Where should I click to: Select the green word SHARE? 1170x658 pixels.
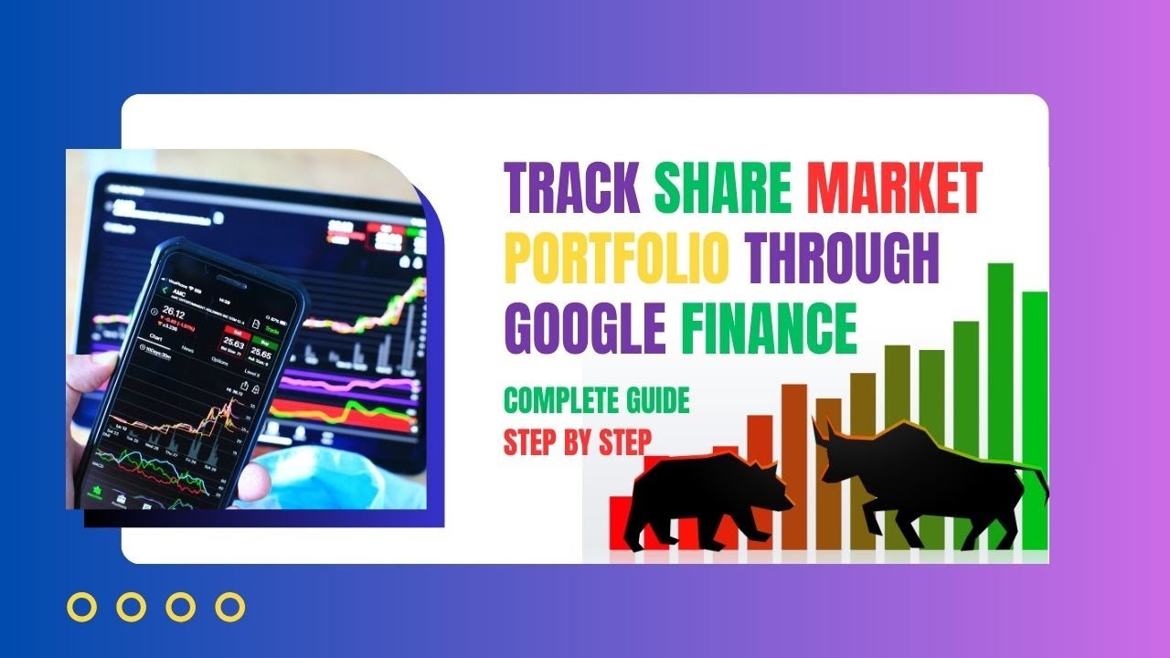(722, 187)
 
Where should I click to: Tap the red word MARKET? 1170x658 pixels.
(894, 187)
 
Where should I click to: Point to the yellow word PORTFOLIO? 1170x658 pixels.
(617, 259)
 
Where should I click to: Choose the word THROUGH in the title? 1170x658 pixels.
(843, 259)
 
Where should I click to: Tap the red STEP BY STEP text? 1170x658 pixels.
(578, 442)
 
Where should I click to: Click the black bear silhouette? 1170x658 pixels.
(708, 498)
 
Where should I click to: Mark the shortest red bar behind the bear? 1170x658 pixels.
(621, 521)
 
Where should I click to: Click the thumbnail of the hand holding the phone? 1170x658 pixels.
(247, 329)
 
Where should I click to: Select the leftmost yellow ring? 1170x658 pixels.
(83, 607)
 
